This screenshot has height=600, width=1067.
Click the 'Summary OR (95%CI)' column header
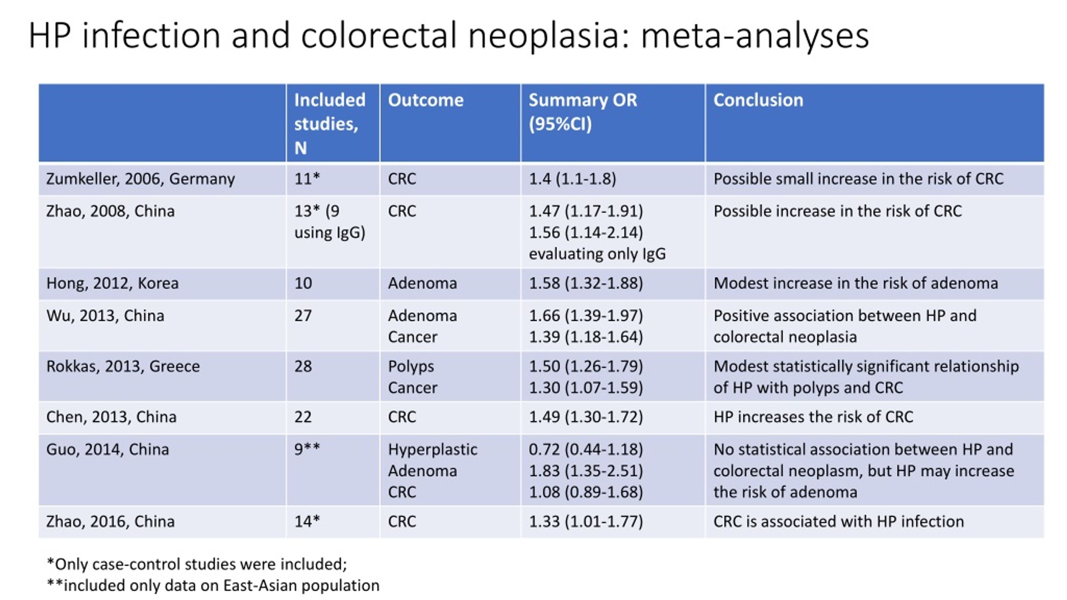(583, 112)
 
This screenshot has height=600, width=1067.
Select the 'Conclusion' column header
(758, 100)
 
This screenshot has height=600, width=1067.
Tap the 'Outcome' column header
(426, 100)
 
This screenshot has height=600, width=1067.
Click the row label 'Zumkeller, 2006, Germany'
(140, 179)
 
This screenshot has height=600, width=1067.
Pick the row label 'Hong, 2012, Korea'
(113, 284)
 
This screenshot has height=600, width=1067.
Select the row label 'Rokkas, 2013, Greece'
(123, 366)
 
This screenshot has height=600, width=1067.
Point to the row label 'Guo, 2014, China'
(108, 450)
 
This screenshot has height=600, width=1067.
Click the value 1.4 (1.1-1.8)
(572, 179)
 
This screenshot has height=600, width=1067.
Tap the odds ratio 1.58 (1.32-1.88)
(586, 284)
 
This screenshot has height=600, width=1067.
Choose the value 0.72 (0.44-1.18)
(586, 450)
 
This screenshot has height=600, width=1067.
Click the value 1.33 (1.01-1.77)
(586, 522)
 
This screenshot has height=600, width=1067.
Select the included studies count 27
(303, 316)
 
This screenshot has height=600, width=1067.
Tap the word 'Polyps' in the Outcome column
(411, 367)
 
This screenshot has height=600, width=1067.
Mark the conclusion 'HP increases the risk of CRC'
(813, 417)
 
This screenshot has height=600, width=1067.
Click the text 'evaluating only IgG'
(597, 254)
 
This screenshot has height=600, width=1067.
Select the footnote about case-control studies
(197, 564)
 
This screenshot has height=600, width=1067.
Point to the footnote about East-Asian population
(213, 585)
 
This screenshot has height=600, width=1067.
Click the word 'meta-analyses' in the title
(754, 35)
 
